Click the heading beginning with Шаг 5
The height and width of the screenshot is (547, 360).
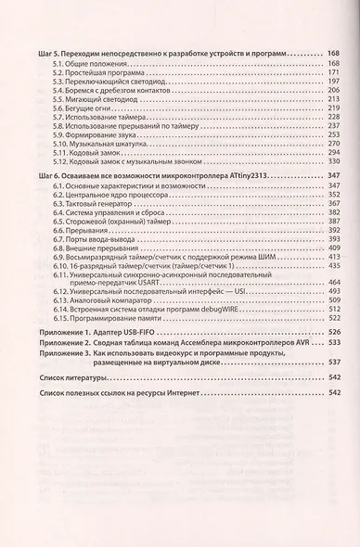point(167,56)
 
